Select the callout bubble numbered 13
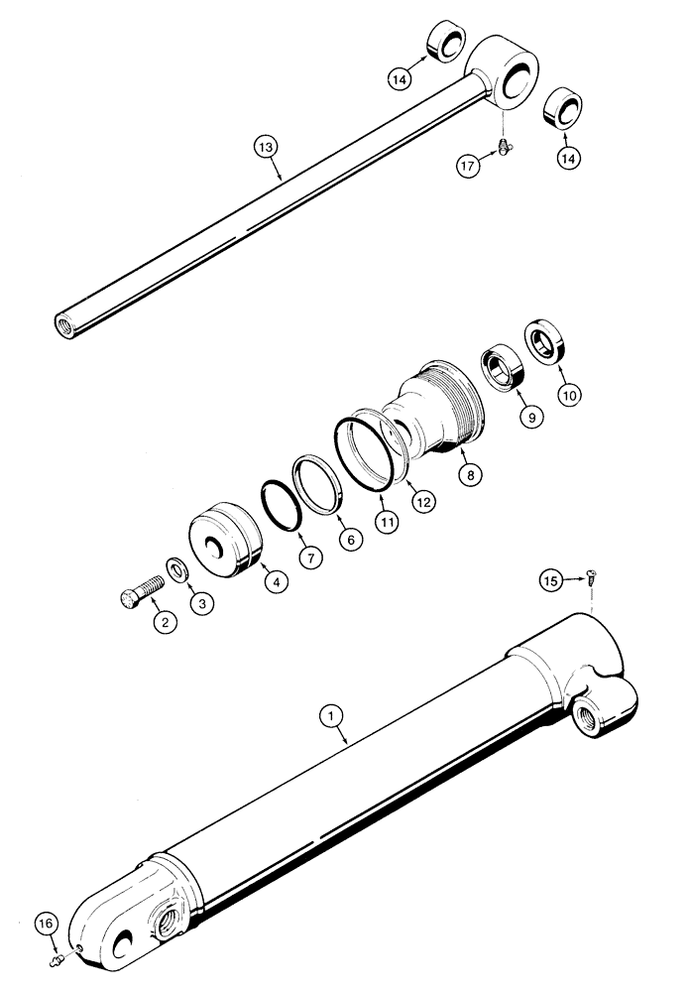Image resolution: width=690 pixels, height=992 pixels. (x=265, y=147)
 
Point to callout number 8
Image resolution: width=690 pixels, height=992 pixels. (x=471, y=475)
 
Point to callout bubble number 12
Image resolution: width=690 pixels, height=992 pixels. (x=423, y=502)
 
